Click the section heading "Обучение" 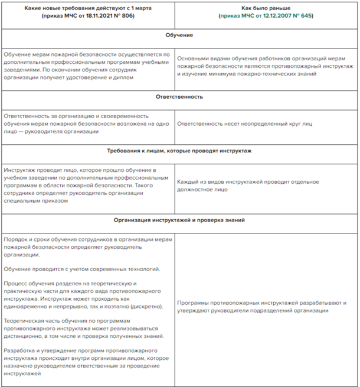179,35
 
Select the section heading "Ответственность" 179,96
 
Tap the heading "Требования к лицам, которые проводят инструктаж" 179,151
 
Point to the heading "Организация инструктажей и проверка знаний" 179,220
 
